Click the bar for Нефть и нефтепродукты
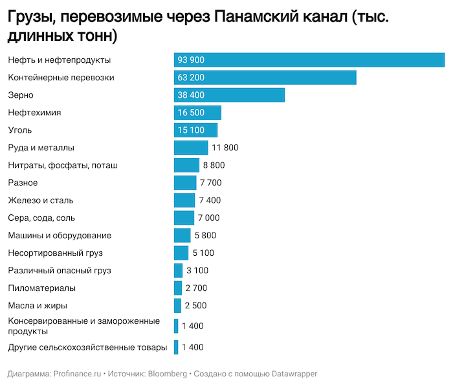click(x=309, y=60)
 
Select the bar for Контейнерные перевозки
click(x=265, y=78)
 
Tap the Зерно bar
click(x=229, y=95)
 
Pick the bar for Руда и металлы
click(x=191, y=148)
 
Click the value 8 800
click(x=214, y=165)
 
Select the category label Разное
click(x=23, y=183)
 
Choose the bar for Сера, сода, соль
click(x=184, y=218)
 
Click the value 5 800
click(x=205, y=235)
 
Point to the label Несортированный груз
click(x=55, y=253)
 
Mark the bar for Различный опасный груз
click(x=178, y=270)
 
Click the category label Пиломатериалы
click(x=41, y=288)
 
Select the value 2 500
click(x=195, y=305)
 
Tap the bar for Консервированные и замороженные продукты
click(x=176, y=326)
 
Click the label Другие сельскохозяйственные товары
click(x=87, y=347)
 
